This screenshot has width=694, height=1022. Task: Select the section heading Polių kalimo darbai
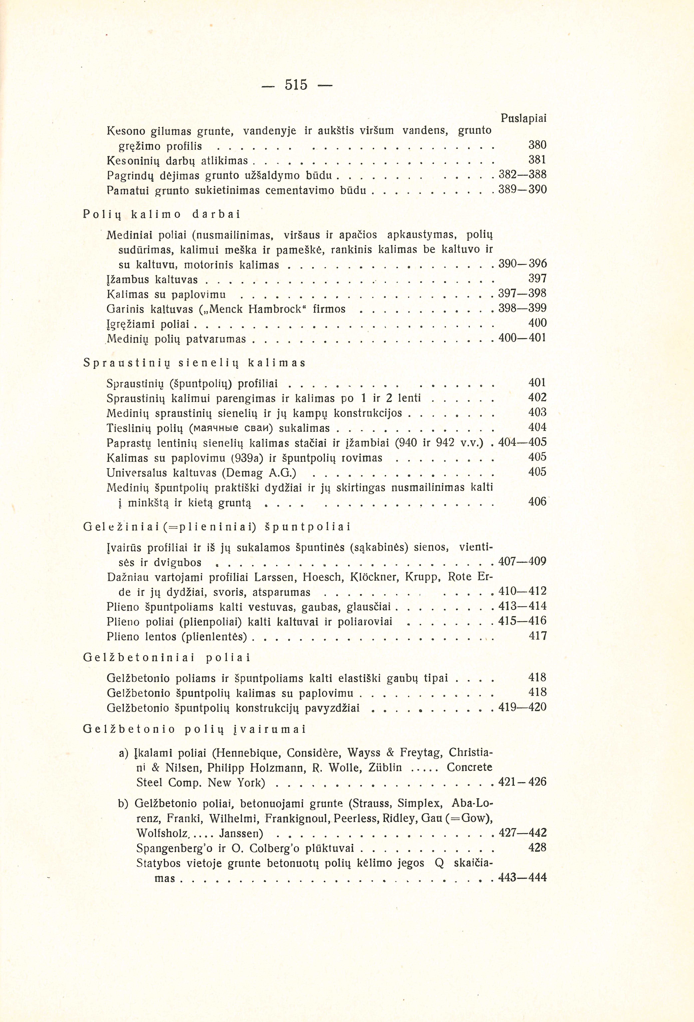click(161, 215)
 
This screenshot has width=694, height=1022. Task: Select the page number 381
click(537, 160)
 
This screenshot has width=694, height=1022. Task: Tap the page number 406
click(537, 502)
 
